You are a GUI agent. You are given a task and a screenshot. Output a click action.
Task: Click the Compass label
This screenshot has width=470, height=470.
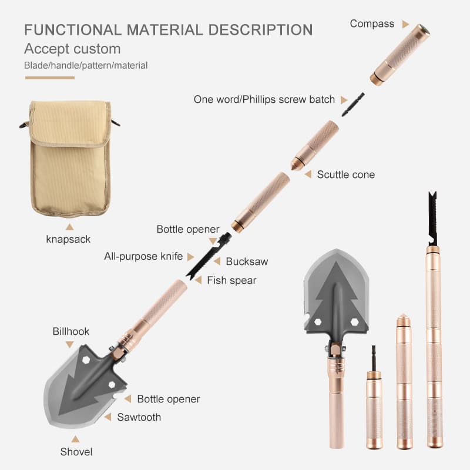[x=372, y=23]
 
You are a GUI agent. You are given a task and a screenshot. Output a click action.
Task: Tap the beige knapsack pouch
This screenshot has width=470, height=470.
[x=70, y=158]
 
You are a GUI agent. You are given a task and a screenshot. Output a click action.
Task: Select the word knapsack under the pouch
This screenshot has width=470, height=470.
[x=68, y=239]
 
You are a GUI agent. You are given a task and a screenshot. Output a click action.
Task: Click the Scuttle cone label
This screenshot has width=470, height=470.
[x=346, y=174]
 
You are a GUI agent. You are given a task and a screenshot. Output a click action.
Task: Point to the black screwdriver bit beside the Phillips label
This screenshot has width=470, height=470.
[x=354, y=105]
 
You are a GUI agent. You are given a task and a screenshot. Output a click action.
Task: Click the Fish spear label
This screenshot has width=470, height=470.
[x=231, y=280]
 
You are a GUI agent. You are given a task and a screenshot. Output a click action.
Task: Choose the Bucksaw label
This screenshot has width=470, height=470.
[x=247, y=261]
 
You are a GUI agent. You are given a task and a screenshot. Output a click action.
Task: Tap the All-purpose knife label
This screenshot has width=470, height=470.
[x=143, y=256]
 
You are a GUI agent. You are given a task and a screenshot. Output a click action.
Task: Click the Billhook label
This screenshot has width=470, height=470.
[x=71, y=331]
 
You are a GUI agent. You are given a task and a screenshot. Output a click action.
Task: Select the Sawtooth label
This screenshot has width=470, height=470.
[x=139, y=417]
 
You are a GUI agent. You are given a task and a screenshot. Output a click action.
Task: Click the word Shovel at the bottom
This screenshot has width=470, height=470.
[x=76, y=452]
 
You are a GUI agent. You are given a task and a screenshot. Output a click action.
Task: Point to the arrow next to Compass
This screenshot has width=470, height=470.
[x=405, y=24]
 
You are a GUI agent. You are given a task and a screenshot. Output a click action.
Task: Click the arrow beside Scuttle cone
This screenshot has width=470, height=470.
[x=308, y=174]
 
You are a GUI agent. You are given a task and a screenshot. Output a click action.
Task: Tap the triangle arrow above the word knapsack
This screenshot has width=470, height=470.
[x=69, y=227]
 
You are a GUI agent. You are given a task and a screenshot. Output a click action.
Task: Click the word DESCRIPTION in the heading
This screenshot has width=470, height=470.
[x=260, y=30]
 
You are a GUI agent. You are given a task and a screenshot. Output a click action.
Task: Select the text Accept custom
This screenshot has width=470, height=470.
[x=72, y=49]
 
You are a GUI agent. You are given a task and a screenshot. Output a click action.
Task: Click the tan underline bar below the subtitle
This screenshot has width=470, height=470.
[x=50, y=78]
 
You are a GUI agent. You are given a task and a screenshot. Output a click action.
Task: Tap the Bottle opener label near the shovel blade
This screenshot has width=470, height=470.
[x=169, y=399]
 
